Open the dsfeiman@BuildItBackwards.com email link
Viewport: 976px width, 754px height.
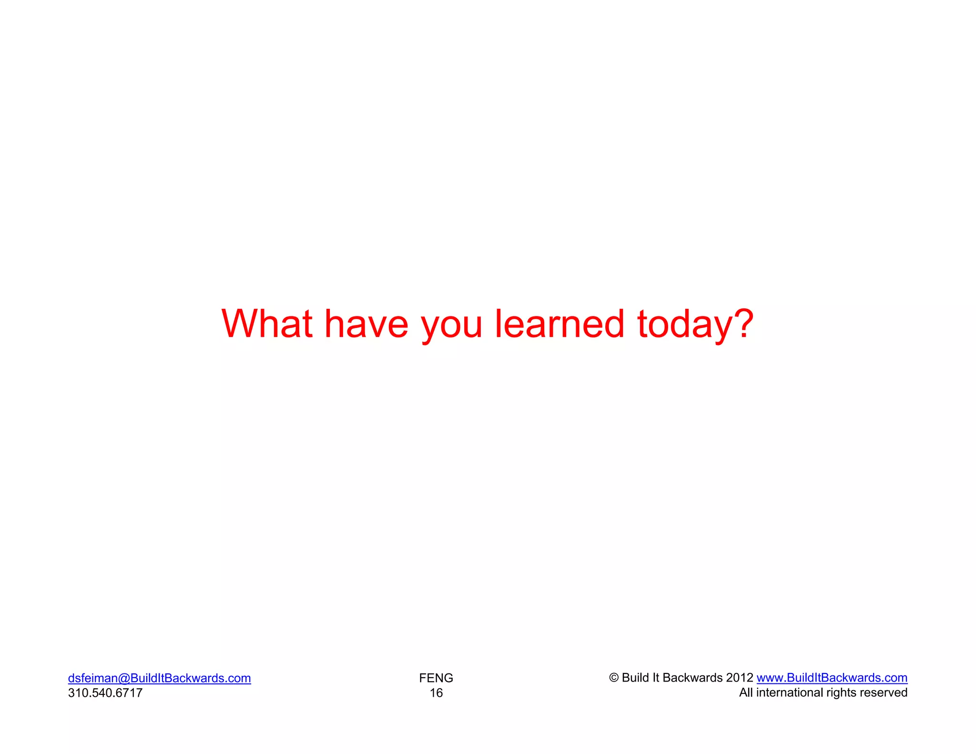[159, 678]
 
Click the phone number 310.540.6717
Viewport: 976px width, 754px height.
[105, 693]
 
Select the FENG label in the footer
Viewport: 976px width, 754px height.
[436, 678]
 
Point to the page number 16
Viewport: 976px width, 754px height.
[436, 693]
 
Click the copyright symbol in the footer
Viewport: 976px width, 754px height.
[614, 677]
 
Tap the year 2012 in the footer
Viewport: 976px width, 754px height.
[740, 677]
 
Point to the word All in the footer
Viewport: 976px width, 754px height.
[746, 693]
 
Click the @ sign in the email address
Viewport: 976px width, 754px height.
[124, 678]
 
